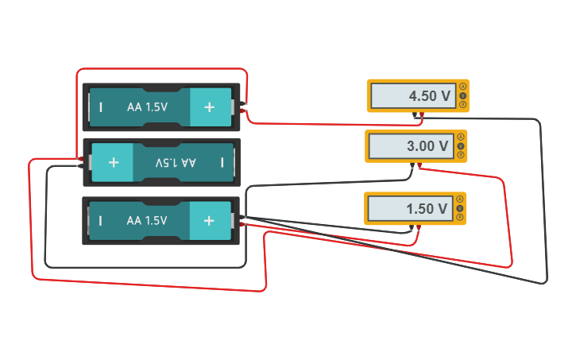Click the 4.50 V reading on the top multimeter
coord(429,96)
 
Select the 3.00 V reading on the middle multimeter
coord(427,146)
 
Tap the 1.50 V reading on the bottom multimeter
coord(427,209)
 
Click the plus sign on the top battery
coord(209,106)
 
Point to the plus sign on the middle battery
coord(113,162)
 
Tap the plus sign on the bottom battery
coord(209,220)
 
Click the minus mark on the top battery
coord(101,106)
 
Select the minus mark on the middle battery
coord(222,162)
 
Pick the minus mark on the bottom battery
coord(101,220)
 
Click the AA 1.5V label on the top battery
coord(147,106)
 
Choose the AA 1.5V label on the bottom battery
coord(147,220)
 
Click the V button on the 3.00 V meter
coord(461,146)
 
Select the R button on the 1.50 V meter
coord(460,217)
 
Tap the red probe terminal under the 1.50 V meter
coord(419,228)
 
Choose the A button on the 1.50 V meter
coord(460,199)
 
